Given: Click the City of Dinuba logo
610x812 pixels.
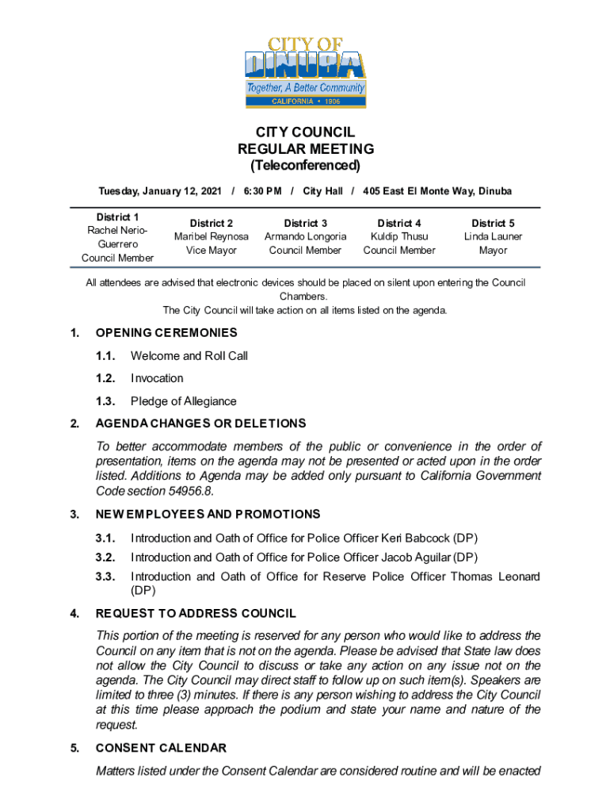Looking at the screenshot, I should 305,71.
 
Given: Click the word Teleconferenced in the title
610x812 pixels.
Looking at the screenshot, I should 305,166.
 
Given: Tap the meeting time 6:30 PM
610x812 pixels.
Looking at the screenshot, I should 262,191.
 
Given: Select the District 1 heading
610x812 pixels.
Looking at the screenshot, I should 117,216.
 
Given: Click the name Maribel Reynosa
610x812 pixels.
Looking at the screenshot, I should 212,236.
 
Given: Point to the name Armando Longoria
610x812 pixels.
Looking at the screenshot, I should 305,236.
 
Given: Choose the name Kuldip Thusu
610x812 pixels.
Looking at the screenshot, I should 399,236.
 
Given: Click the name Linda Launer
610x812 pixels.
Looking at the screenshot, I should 493,236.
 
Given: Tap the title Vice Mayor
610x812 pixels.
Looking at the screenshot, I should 212,251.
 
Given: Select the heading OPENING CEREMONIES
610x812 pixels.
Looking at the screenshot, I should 166,333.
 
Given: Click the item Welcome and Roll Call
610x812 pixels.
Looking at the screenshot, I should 189,356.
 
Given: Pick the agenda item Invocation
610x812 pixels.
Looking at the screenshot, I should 157,378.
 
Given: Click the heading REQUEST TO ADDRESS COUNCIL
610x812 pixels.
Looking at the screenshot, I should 196,613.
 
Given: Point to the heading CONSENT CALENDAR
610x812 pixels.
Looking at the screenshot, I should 161,748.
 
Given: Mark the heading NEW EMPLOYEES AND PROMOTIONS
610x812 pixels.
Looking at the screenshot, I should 208,514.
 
